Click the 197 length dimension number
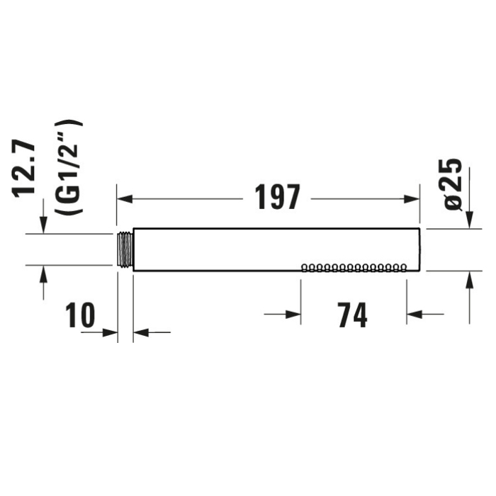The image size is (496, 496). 277,198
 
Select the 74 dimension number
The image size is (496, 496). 352,315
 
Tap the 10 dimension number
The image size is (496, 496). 80,315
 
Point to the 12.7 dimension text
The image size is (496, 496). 23,170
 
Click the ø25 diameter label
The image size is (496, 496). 453,184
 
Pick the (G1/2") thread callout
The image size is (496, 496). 68,168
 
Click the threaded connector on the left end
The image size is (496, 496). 125,249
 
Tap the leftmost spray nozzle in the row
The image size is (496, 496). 305,268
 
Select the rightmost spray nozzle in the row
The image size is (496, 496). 403,268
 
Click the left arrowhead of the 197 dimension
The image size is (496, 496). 125,199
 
